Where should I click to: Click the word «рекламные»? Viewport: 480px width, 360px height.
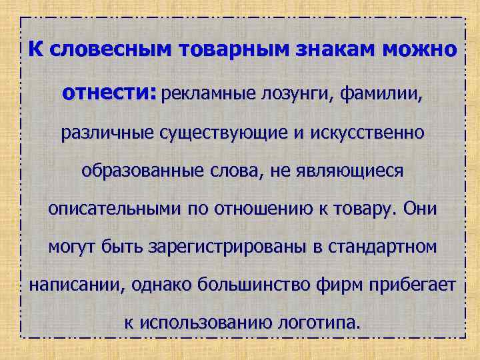(x=207, y=95)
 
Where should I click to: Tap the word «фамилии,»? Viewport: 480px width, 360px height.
(x=381, y=95)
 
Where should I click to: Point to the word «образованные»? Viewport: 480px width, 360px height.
(x=139, y=171)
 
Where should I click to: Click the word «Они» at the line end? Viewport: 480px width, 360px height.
(x=421, y=209)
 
